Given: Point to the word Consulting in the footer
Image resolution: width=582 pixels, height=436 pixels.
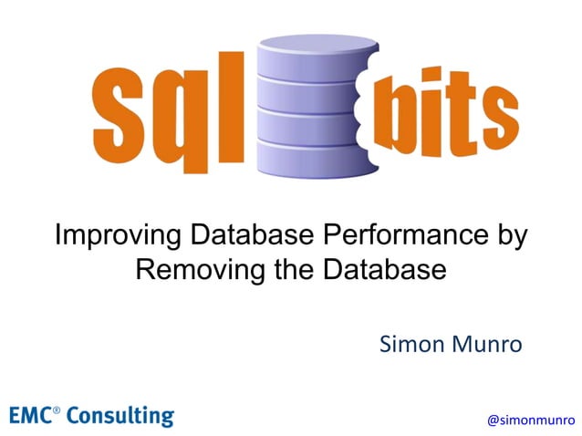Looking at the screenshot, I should tap(119, 416).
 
